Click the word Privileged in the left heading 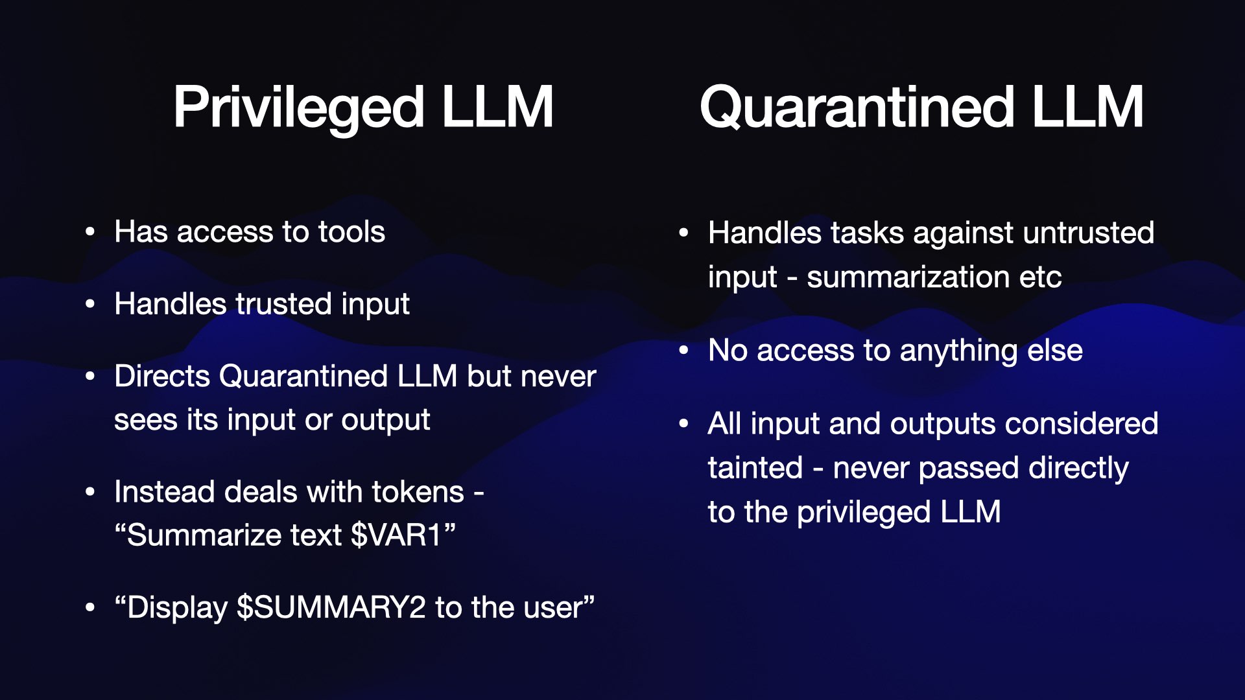[298, 108]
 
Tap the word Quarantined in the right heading [857, 108]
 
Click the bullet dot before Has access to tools [91, 232]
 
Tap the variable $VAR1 [396, 535]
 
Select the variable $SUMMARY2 [331, 608]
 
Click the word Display [177, 608]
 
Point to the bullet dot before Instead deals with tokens [91, 492]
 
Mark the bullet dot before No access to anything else [684, 351]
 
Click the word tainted [755, 468]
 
